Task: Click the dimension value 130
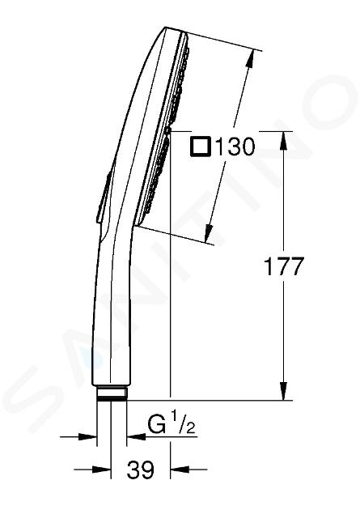pyautogui.click(x=235, y=147)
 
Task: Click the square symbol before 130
pyautogui.click(x=201, y=147)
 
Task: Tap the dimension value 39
pyautogui.click(x=141, y=470)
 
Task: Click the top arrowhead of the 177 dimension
pyautogui.click(x=284, y=141)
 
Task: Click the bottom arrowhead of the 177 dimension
pyautogui.click(x=284, y=391)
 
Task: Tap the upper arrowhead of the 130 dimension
pyautogui.click(x=251, y=59)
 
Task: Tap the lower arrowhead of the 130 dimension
pyautogui.click(x=209, y=233)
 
